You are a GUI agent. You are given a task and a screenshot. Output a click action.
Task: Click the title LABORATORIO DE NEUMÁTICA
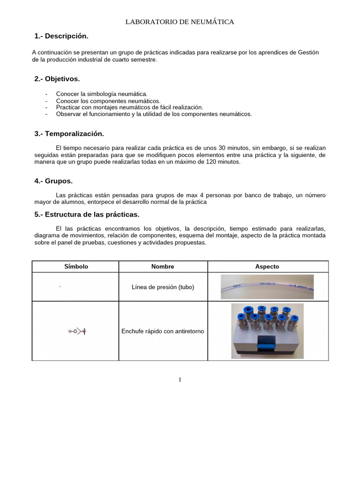(180, 22)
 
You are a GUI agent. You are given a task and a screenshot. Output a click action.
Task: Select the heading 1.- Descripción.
(61, 36)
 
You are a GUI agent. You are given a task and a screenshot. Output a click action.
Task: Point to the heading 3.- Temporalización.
(69, 134)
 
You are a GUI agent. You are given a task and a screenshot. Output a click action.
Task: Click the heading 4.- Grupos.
(53, 181)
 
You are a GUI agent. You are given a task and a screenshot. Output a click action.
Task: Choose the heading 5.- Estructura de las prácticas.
(87, 214)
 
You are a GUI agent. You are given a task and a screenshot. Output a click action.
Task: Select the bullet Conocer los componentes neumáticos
(108, 101)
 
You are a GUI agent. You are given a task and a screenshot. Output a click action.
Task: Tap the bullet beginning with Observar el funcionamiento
(154, 114)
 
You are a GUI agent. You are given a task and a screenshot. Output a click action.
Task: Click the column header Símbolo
(76, 266)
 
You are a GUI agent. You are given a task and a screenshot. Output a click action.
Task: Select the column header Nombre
(163, 266)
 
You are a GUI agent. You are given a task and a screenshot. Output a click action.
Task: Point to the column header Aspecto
(267, 266)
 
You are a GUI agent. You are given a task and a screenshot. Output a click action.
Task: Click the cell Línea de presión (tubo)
(163, 287)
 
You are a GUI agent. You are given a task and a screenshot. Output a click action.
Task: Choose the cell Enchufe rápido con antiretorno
(163, 331)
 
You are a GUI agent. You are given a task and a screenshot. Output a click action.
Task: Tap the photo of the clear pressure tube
(267, 286)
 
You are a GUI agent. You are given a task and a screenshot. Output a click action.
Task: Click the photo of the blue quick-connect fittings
(267, 331)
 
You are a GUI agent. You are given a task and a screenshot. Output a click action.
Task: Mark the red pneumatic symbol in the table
(77, 331)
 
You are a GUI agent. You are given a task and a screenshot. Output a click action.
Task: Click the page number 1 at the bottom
(180, 379)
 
